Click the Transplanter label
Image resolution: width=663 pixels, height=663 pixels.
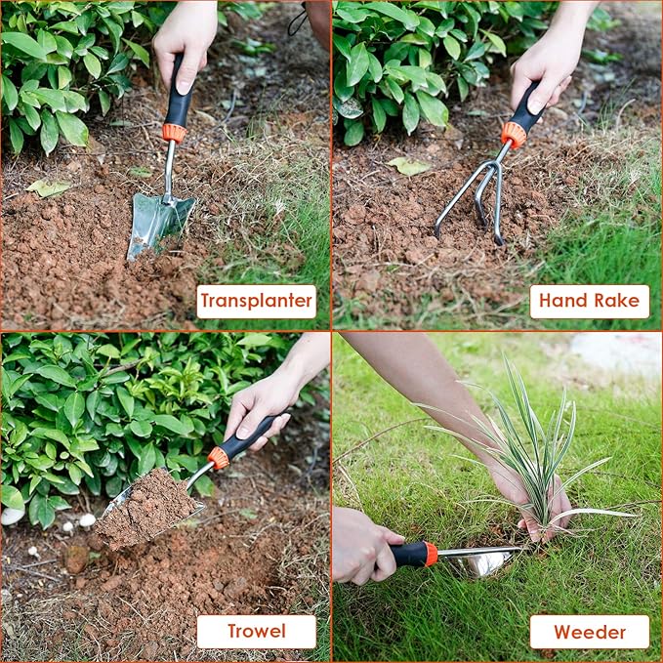tap(256, 301)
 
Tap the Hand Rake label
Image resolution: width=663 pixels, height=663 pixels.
tap(589, 301)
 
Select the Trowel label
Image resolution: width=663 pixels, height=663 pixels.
tap(256, 632)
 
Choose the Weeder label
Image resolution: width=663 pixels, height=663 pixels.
tap(589, 632)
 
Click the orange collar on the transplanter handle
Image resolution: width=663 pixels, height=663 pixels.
tap(174, 133)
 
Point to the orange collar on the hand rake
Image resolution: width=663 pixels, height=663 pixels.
tap(514, 135)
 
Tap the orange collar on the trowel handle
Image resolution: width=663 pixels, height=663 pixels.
tap(218, 458)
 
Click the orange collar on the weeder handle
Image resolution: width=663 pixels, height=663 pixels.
tap(431, 554)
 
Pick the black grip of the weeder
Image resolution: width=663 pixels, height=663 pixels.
tap(408, 555)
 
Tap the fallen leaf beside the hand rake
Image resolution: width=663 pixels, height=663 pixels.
tap(408, 166)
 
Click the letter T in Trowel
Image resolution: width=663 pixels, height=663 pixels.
tap(233, 632)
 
